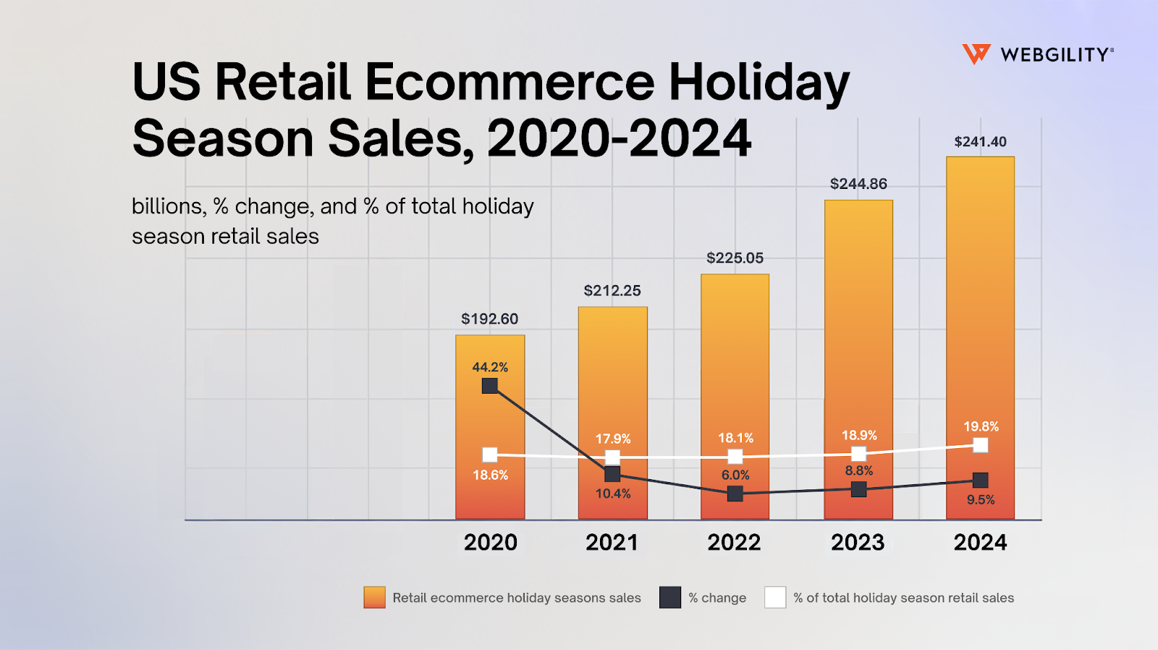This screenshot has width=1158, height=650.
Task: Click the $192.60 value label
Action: tap(490, 319)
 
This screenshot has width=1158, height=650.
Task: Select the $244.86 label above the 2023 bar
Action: tap(858, 184)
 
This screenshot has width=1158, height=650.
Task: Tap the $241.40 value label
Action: tap(980, 142)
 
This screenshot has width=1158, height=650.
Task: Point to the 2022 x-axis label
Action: tap(734, 542)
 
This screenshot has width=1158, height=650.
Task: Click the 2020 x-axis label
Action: tap(490, 542)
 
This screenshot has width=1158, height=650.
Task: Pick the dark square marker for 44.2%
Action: tap(490, 386)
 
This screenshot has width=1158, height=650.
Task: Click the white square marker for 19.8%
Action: tap(980, 444)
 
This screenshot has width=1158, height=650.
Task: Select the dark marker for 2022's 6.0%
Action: tap(735, 494)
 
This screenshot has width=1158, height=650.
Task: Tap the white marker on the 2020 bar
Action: tap(490, 455)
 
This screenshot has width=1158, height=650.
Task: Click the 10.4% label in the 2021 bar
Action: tap(613, 494)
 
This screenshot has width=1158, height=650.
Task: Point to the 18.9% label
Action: tap(859, 436)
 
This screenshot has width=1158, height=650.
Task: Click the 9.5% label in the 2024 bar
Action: tap(981, 499)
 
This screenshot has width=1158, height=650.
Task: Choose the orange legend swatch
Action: tap(374, 597)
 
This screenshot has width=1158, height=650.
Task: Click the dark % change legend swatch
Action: tap(670, 597)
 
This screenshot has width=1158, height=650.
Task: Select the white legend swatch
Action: tap(775, 597)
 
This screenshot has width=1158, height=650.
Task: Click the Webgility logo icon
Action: tap(976, 54)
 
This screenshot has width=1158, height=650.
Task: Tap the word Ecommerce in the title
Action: tap(510, 82)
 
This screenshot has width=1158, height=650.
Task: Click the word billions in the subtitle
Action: tap(167, 207)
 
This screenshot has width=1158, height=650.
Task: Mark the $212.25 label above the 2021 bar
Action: tap(612, 291)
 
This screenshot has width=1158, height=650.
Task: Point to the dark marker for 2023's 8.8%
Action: tap(858, 489)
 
